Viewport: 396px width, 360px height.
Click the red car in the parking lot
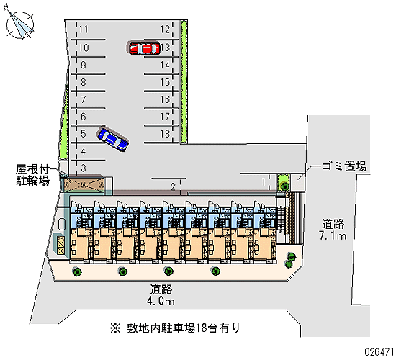pyautogui.click(x=145, y=48)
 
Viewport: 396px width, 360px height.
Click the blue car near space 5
pyautogui.click(x=113, y=139)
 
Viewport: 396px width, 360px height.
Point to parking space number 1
pyautogui.click(x=264, y=181)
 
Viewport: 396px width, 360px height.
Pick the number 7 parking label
pyautogui.click(x=84, y=99)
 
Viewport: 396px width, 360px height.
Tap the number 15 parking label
pyautogui.click(x=165, y=82)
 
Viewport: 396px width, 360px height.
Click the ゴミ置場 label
pyautogui.click(x=344, y=167)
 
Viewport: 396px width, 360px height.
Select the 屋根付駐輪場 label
pyautogui.click(x=32, y=175)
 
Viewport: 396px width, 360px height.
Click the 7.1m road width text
pyautogui.click(x=333, y=235)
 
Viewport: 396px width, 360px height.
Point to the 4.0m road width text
pyautogui.click(x=161, y=301)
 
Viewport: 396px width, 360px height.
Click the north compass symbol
pyautogui.click(x=19, y=23)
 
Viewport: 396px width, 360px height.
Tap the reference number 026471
pyautogui.click(x=379, y=351)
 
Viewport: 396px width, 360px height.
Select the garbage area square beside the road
pyautogui.click(x=298, y=182)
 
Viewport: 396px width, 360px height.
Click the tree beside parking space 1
pyautogui.click(x=284, y=186)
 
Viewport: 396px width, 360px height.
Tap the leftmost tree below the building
pyautogui.click(x=76, y=271)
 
